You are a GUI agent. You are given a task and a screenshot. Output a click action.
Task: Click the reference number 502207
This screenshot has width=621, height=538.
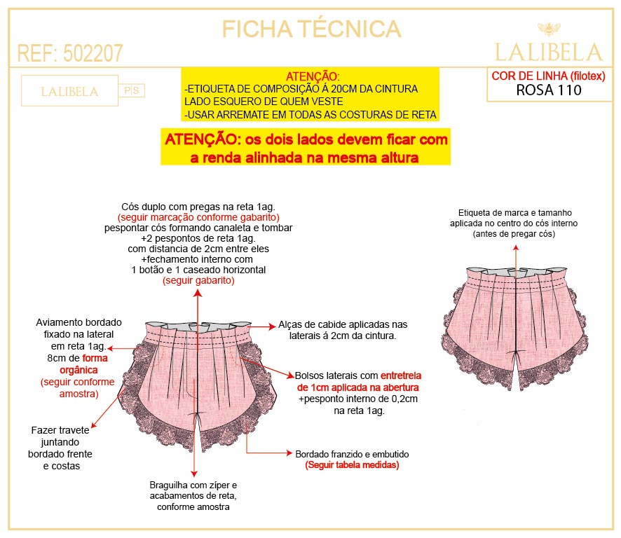[x=93, y=53]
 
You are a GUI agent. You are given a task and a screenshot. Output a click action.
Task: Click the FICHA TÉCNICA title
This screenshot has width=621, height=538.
[x=311, y=29]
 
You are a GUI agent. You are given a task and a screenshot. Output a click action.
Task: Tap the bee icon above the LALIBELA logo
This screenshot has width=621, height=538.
[x=547, y=29]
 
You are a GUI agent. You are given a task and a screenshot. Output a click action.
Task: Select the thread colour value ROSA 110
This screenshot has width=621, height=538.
[x=548, y=90]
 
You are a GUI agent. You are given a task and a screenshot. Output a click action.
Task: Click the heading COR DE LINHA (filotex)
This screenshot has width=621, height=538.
[x=548, y=76]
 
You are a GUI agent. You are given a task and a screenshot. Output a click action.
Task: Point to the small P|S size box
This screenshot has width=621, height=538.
[x=134, y=90]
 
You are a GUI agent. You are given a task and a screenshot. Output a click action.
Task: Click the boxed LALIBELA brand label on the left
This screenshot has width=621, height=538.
[x=69, y=92]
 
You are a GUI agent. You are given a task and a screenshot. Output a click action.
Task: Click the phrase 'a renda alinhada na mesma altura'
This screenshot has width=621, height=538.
[x=305, y=158]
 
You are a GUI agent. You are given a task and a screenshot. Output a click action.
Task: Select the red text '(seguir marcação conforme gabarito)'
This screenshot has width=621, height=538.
[x=198, y=217]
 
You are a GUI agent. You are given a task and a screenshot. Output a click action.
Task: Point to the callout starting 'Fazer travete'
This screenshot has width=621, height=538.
[x=61, y=448]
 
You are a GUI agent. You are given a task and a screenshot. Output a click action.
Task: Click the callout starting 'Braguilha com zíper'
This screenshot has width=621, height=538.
[x=194, y=495]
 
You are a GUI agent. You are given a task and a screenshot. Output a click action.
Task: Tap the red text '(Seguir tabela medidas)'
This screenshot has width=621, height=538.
[x=352, y=465]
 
